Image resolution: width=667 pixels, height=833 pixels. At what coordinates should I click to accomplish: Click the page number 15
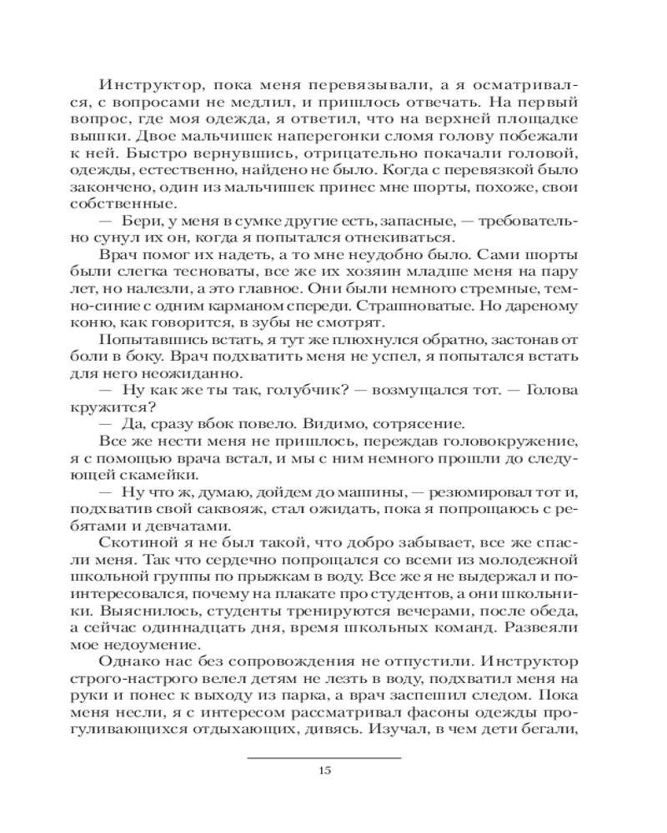[325, 771]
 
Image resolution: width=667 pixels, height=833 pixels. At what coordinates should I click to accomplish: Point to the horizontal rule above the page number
[325, 757]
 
